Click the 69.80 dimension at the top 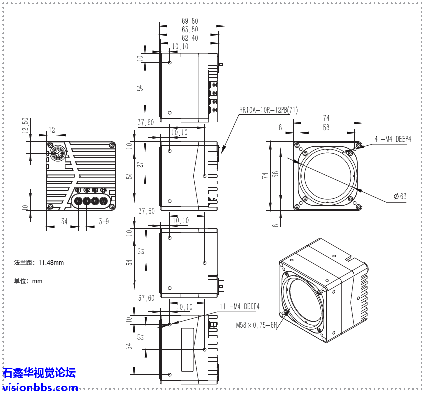point(190,21)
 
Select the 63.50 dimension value point(190,30)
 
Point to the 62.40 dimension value point(190,38)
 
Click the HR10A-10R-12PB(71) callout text point(268,110)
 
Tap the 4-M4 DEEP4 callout point(392,139)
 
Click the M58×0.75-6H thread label point(256,324)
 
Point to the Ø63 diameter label point(400,196)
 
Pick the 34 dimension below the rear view point(64,221)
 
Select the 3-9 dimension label point(104,221)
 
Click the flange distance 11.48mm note point(39,263)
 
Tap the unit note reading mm point(28,281)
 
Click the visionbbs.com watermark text point(40,387)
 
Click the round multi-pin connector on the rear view point(56,151)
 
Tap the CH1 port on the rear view point(78,201)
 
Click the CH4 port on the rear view point(103,201)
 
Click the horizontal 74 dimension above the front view point(326,118)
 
